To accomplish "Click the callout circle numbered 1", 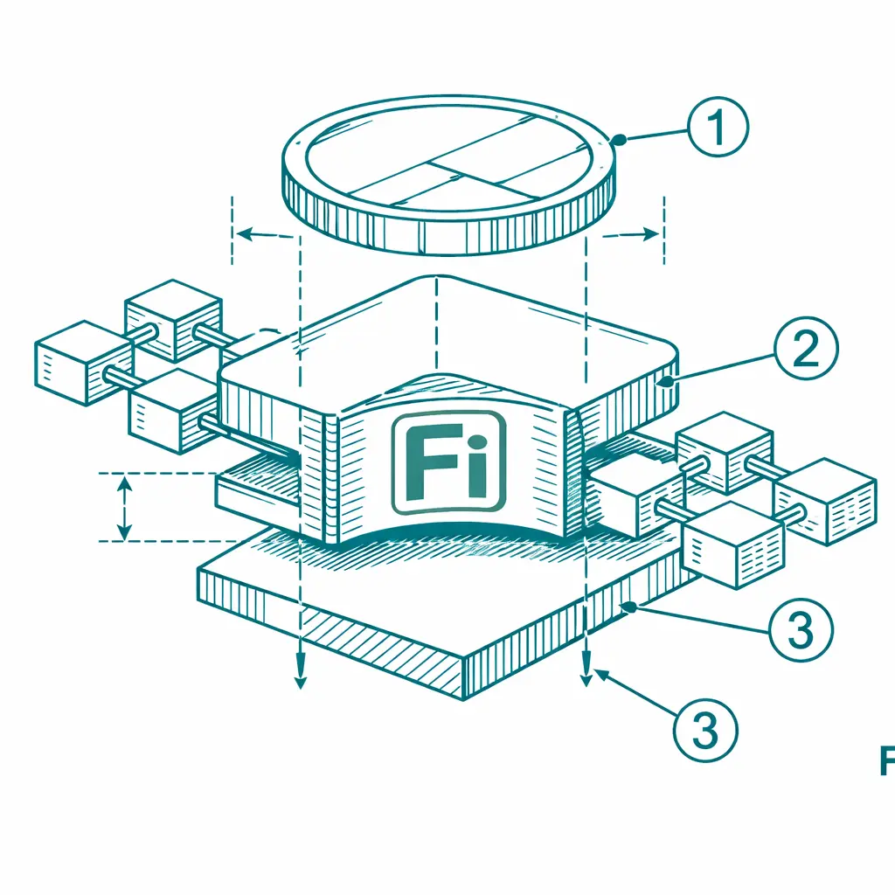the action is [x=718, y=126].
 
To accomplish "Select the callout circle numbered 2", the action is [x=805, y=348].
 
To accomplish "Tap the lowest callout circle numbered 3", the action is [x=705, y=730].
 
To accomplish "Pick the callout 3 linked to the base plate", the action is [x=801, y=629].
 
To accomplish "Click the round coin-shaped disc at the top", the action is [x=448, y=175].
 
